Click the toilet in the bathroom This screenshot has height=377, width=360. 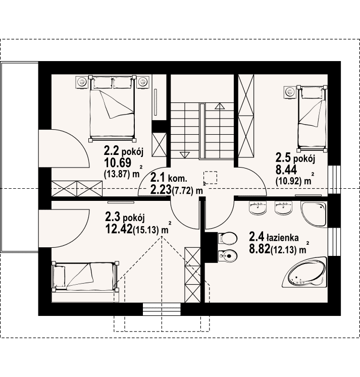[x=227, y=238]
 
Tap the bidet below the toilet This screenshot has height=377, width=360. [x=227, y=256]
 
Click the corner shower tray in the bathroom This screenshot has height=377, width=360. [x=314, y=214]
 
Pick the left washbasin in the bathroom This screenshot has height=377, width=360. [x=258, y=207]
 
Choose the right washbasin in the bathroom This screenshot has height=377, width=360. [x=283, y=207]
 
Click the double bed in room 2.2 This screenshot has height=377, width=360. [x=112, y=108]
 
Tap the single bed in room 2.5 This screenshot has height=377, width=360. [x=312, y=119]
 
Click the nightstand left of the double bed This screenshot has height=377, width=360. [x=82, y=82]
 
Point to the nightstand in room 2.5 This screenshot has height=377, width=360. [x=290, y=92]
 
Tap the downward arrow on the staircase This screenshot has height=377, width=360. [x=184, y=154]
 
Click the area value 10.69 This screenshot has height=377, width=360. [x=118, y=163]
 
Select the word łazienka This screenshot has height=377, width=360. [x=282, y=238]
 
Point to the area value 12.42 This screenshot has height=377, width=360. [x=119, y=229]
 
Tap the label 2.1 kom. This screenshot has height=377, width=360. [x=169, y=179]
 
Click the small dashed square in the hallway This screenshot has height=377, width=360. [x=210, y=178]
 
